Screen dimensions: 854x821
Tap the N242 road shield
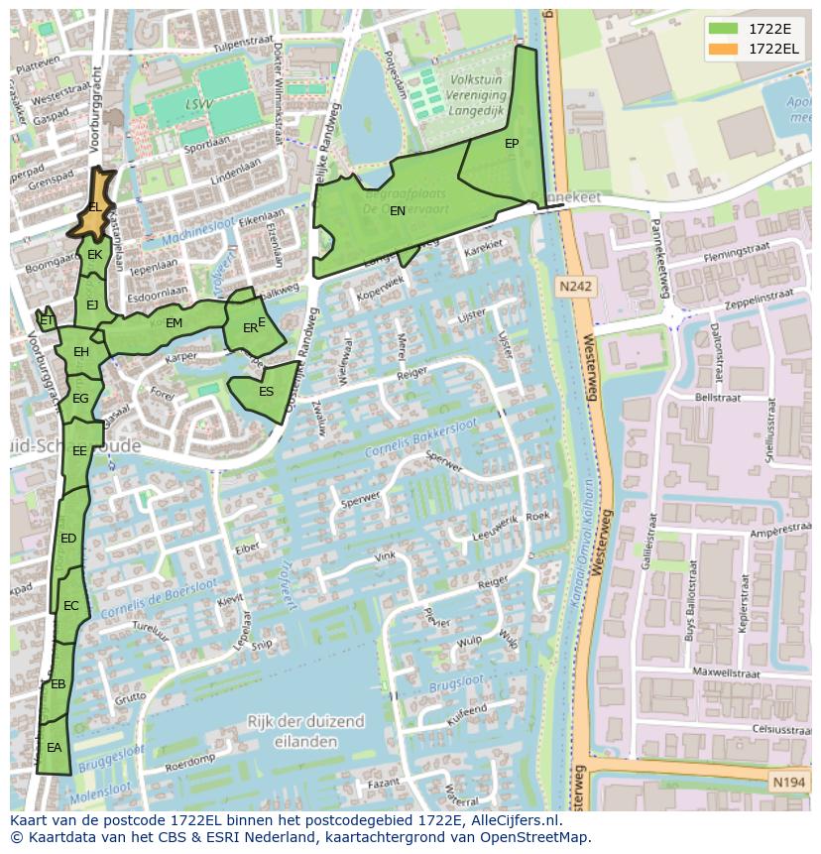(x=574, y=287)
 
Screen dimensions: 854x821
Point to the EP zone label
(x=512, y=144)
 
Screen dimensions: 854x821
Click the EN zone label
(x=397, y=211)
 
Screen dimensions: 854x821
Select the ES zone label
(x=266, y=392)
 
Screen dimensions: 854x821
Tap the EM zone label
(x=174, y=323)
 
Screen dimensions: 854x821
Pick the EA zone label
(x=54, y=748)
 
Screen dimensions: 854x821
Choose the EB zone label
(x=58, y=684)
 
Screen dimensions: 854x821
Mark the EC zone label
(x=70, y=606)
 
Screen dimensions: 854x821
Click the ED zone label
(x=68, y=539)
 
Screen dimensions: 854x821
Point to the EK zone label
(x=94, y=255)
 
